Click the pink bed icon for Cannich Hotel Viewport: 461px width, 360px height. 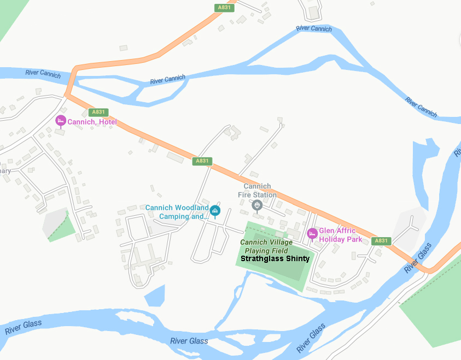point(61,121)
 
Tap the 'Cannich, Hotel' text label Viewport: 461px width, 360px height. point(92,122)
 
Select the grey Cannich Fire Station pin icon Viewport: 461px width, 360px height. point(258,205)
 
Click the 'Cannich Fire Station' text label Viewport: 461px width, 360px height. point(257,191)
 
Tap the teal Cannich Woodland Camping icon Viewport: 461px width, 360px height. point(215,210)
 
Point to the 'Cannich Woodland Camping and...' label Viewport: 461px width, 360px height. point(177,212)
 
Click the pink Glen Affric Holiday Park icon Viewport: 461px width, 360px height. point(312,233)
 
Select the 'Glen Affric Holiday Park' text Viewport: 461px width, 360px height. point(341,235)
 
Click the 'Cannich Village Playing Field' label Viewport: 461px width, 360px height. point(266,246)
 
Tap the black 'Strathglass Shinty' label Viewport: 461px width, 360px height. point(275,259)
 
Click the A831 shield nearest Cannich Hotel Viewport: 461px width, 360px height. point(98,112)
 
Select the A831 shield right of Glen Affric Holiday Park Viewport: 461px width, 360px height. point(381,241)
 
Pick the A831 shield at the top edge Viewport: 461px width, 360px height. point(223,7)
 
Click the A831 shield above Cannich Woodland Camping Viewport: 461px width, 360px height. point(202,161)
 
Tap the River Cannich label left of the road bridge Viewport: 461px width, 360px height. point(43,73)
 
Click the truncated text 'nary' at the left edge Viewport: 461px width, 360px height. point(5,171)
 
